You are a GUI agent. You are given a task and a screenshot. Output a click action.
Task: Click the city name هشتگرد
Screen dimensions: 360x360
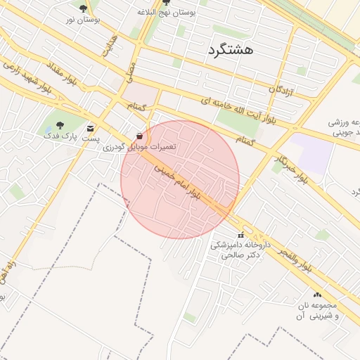(x=231, y=50)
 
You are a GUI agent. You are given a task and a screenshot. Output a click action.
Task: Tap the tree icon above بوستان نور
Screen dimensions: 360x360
(x=84, y=8)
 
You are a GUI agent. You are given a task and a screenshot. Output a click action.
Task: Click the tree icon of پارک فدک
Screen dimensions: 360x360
(x=60, y=125)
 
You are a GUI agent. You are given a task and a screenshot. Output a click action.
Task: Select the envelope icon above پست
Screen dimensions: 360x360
(x=90, y=128)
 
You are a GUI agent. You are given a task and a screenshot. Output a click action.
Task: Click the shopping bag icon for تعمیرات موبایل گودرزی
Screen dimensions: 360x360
(x=139, y=136)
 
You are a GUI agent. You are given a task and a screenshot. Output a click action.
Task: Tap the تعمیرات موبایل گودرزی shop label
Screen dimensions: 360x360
(x=140, y=147)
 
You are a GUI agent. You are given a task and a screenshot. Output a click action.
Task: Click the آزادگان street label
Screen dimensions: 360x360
(x=281, y=89)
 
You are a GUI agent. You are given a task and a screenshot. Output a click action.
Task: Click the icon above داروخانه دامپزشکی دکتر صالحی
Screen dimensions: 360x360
(x=241, y=235)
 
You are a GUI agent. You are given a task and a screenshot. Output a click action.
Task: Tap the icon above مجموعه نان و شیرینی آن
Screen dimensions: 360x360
(x=317, y=295)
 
